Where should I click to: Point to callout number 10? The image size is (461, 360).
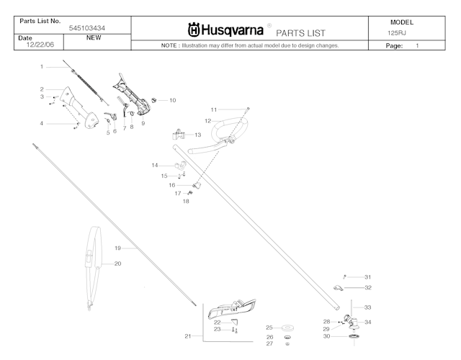click(172, 100)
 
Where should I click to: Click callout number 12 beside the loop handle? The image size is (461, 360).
click(207, 120)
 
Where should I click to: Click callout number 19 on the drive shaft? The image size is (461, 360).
click(117, 248)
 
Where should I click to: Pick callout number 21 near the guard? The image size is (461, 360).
click(189, 336)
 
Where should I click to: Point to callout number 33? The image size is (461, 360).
click(367, 307)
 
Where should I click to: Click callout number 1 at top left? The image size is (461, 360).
click(42, 66)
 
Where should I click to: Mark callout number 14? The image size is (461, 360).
click(154, 166)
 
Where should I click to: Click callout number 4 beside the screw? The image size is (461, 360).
click(42, 124)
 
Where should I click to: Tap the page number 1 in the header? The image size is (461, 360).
click(417, 45)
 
